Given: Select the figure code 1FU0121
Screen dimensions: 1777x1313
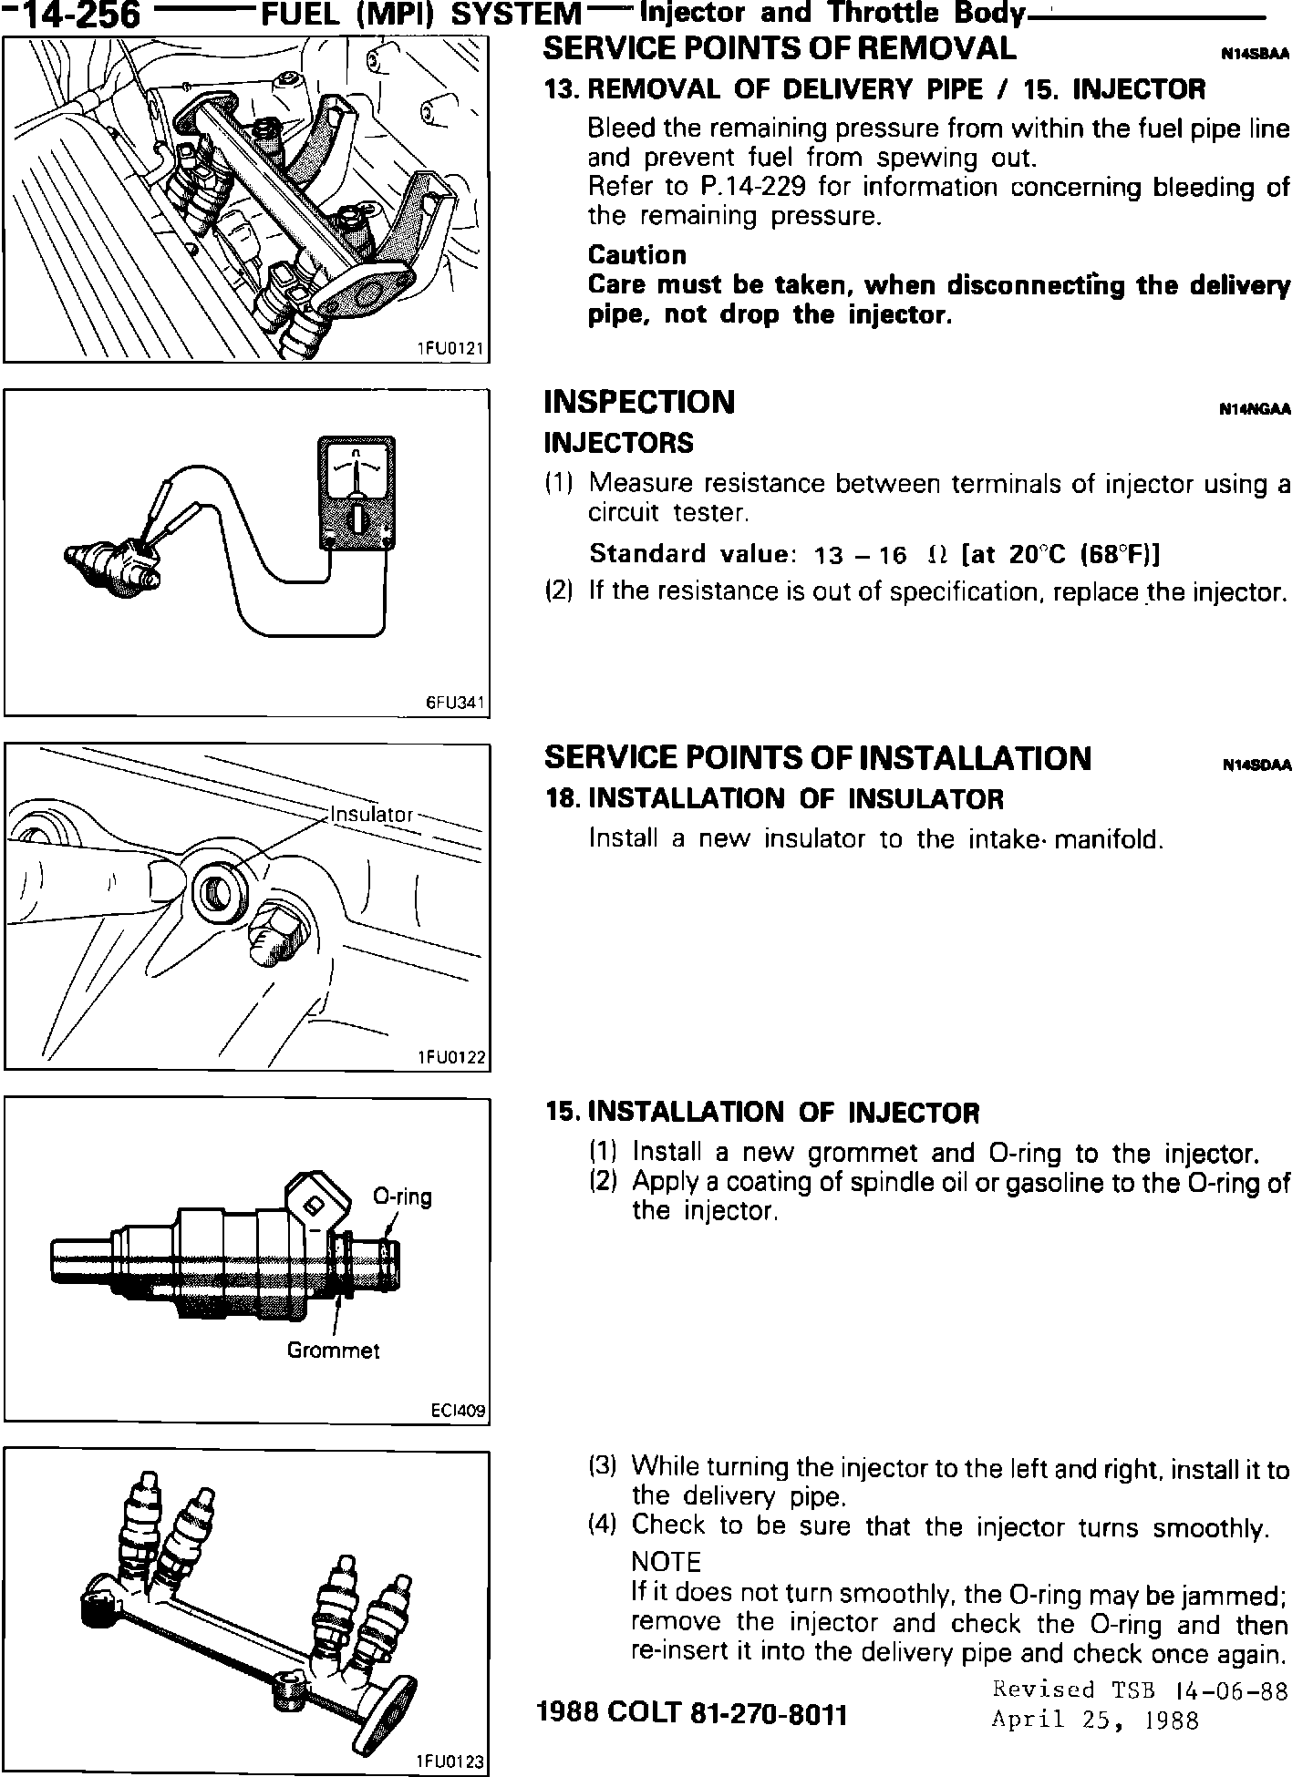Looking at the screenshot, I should pos(450,348).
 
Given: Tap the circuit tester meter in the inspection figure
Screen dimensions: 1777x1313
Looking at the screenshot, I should pos(357,493).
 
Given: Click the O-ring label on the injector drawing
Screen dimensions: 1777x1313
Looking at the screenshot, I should pos(402,1197).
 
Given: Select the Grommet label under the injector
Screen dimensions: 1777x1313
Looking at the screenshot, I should pos(333,1351).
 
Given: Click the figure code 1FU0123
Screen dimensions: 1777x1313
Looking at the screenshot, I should pos(450,1762).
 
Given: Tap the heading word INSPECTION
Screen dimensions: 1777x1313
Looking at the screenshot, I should pos(638,402).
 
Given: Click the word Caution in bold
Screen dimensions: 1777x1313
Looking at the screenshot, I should pos(636,254).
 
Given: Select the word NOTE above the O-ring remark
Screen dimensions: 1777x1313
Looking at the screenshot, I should pos(666,1561).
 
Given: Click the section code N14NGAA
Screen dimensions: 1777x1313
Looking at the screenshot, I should pos(1255,410).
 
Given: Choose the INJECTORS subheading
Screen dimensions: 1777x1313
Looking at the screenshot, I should pos(618,443).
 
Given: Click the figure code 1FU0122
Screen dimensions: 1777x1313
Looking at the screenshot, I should pos(450,1057).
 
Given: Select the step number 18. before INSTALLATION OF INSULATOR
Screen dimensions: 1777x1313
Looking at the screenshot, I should pos(563,799).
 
